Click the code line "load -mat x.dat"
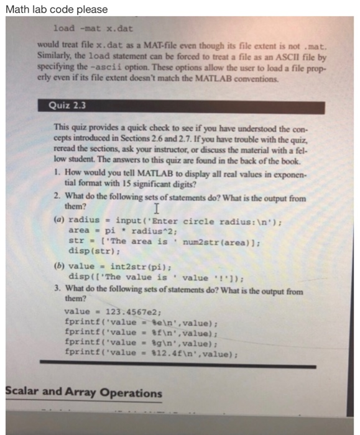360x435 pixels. point(93,29)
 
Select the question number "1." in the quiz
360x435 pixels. point(57,168)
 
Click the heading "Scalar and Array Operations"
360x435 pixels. point(83,393)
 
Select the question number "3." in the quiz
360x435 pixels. point(57,290)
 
